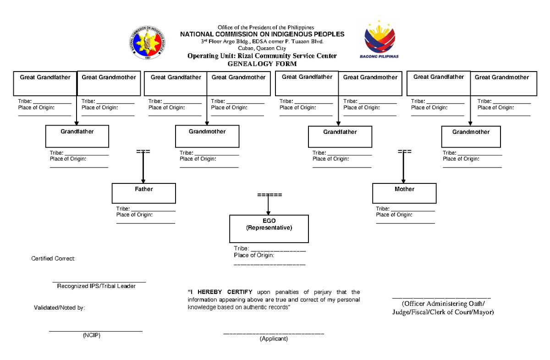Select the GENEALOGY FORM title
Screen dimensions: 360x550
coord(262,64)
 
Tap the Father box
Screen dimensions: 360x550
coord(144,193)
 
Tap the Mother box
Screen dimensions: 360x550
coord(404,193)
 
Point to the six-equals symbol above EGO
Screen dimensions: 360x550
coord(269,195)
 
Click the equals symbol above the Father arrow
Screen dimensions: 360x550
coord(143,151)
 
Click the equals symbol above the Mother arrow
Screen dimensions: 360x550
coord(404,151)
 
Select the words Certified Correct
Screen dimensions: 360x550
coord(53,259)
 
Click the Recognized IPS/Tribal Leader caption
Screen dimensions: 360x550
coord(96,286)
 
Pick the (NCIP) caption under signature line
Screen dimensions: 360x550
coord(91,336)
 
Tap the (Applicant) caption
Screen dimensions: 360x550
coord(274,339)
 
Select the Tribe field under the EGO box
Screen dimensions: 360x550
coord(269,249)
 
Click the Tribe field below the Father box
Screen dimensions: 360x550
coord(146,209)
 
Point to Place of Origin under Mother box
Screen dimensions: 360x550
coord(394,215)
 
